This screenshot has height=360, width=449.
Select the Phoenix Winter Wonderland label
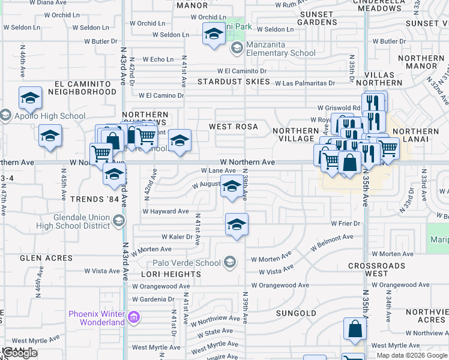[x=96, y=317]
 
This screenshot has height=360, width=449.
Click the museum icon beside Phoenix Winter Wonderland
[x=134, y=317]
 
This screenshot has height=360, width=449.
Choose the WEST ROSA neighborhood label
[x=233, y=127]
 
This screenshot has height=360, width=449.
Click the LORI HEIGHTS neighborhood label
[x=171, y=274]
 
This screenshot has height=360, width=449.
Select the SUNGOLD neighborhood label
[x=296, y=313]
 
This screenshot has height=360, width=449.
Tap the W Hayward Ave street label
[x=166, y=211]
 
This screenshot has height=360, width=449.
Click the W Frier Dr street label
[x=345, y=224]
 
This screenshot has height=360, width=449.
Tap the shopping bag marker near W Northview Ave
[x=355, y=329]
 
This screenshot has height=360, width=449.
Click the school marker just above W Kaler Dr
[x=237, y=226]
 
